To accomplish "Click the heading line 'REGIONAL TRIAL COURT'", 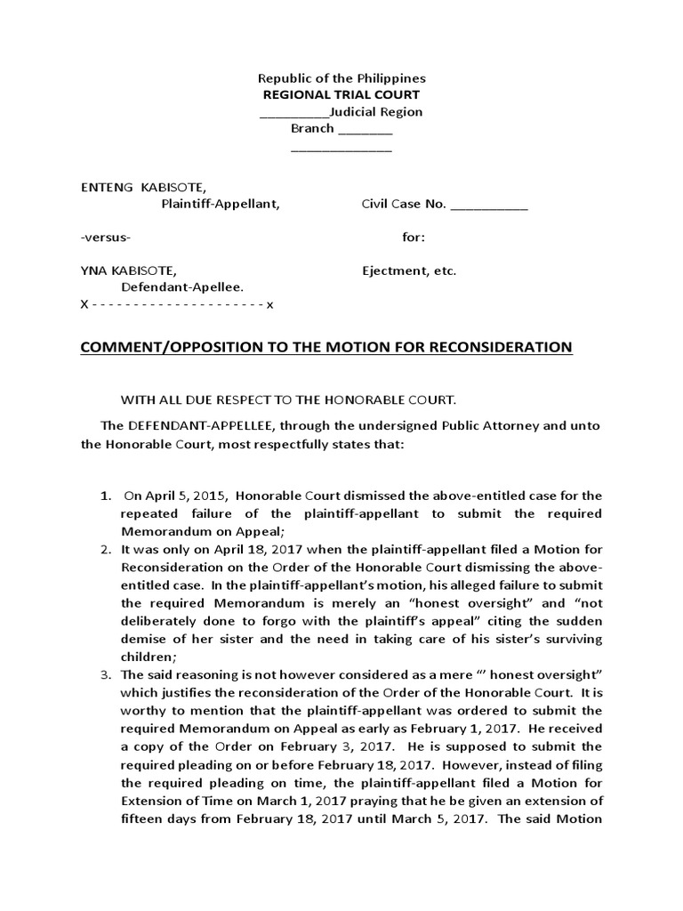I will pos(341,94).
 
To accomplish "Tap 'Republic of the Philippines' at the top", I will pos(341,78).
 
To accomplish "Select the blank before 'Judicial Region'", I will pos(293,112).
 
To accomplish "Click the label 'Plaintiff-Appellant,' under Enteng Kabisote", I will pos(220,205).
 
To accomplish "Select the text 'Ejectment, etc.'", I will pos(408,270).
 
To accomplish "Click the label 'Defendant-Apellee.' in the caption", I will pos(182,287).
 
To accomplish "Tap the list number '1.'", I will pos(104,496).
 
